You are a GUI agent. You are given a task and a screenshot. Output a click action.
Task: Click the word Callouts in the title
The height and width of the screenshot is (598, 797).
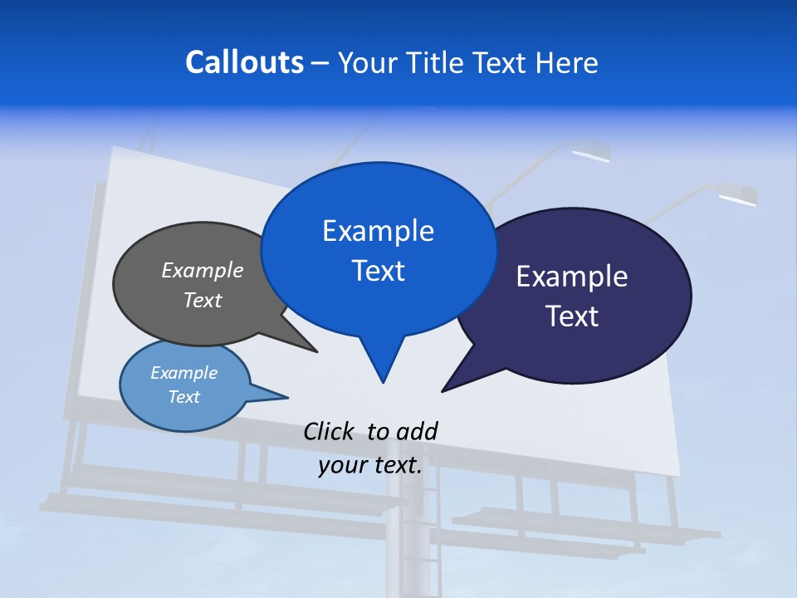point(244,62)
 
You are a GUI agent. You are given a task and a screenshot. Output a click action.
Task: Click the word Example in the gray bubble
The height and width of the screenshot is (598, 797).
point(203,270)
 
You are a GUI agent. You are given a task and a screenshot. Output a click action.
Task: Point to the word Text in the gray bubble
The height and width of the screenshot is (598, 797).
point(203,300)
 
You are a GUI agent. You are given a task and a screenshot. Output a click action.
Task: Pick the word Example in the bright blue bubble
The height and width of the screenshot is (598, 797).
point(378,230)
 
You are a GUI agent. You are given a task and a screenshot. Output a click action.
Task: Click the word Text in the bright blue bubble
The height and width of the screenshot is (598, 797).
point(378,270)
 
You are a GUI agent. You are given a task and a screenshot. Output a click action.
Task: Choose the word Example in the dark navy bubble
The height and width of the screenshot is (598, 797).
point(572,276)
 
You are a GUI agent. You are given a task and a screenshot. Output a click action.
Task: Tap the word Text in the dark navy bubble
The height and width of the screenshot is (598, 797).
point(572,316)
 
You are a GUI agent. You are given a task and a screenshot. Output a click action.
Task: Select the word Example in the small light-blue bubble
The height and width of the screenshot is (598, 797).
point(183,373)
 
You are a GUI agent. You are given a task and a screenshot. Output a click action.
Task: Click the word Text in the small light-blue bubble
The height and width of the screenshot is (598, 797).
point(183,397)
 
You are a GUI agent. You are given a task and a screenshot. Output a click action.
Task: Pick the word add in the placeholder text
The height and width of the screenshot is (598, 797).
point(416,431)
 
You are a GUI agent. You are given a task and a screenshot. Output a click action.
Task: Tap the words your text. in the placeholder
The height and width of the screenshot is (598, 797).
point(370,465)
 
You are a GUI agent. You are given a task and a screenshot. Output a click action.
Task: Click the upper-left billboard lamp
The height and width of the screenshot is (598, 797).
point(591,152)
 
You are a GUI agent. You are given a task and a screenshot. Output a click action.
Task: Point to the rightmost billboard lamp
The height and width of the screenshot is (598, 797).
point(736,196)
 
